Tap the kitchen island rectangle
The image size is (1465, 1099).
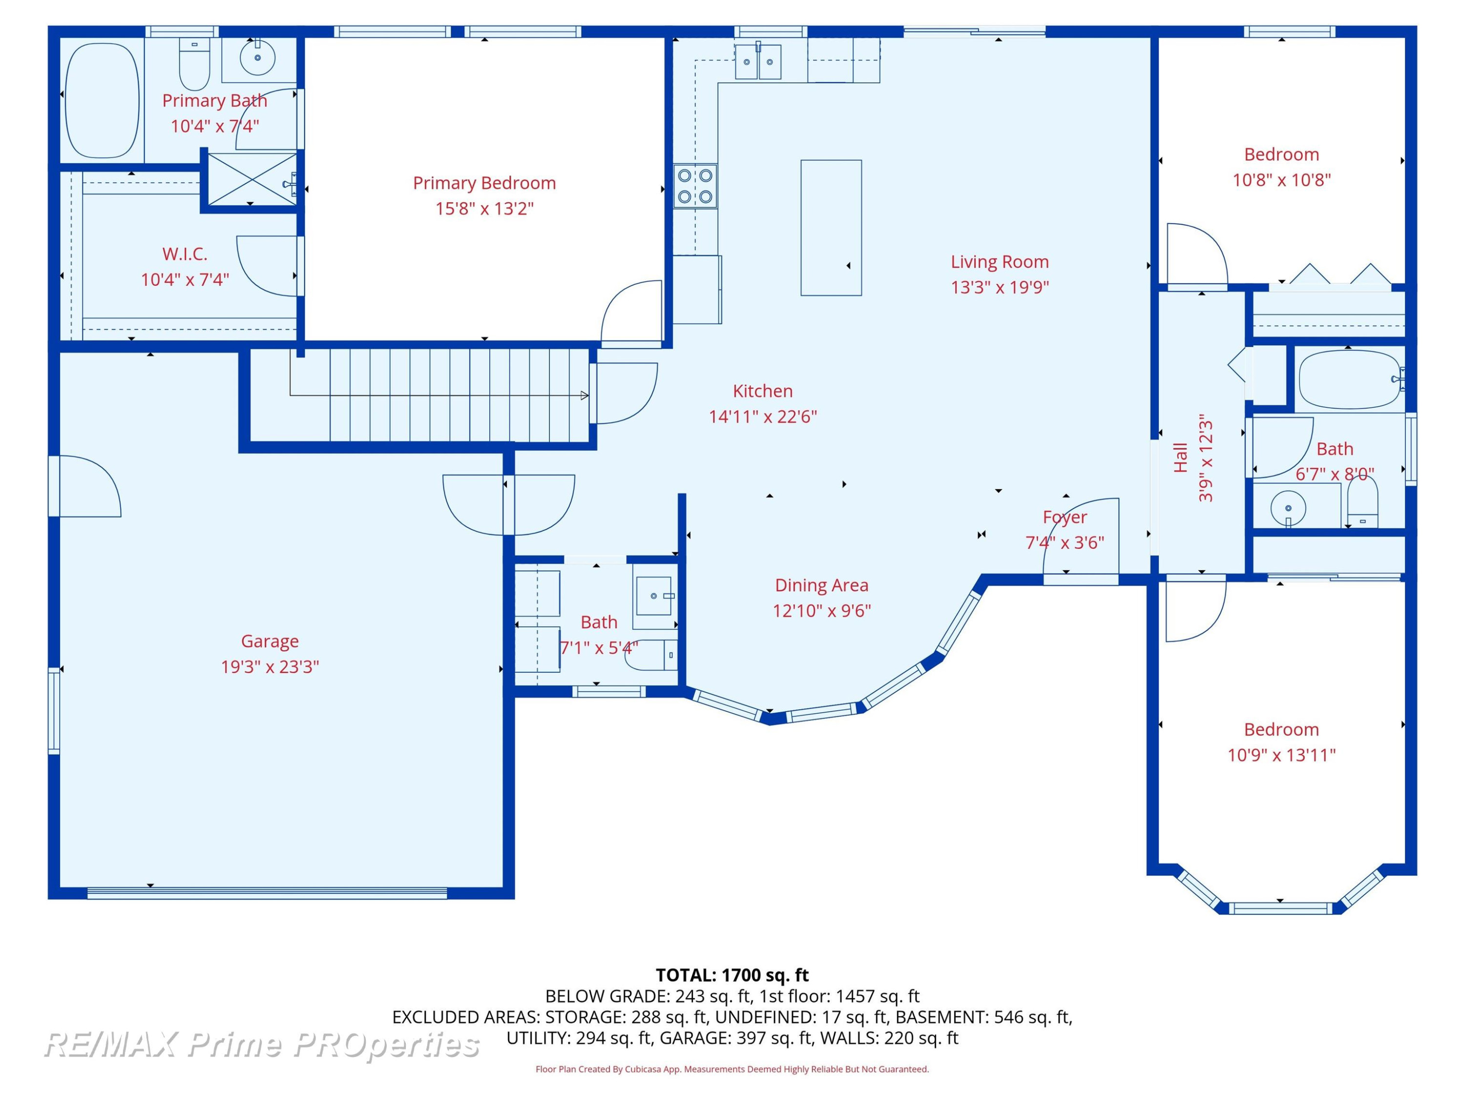(x=831, y=227)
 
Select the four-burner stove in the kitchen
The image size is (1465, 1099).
(x=695, y=186)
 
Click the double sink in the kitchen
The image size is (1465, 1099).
(x=758, y=62)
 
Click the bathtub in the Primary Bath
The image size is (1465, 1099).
(x=102, y=101)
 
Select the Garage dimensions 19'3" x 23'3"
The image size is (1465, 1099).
(x=270, y=666)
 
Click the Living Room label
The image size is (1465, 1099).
(x=1000, y=262)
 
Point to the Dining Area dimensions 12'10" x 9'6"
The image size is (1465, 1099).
(x=822, y=610)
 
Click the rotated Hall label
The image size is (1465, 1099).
(x=1180, y=458)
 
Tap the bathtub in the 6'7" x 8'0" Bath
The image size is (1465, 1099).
(x=1349, y=380)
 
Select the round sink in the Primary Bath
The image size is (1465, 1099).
(x=257, y=58)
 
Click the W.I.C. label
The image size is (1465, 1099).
(x=185, y=254)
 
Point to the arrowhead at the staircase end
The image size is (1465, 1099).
(x=584, y=396)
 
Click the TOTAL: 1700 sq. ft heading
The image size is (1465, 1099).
(x=732, y=974)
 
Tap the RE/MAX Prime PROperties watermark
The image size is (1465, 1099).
(x=262, y=1045)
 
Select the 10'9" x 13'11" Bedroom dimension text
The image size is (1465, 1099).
(x=1281, y=755)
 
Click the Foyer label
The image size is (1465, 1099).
(x=1065, y=517)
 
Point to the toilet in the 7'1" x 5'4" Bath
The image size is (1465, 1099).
(x=651, y=655)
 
